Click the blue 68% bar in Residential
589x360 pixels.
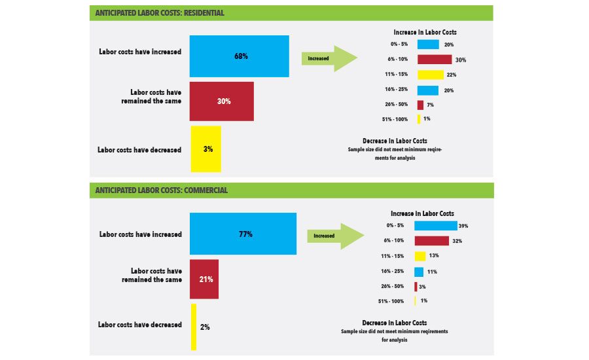click(239, 56)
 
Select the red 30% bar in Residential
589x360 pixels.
click(221, 101)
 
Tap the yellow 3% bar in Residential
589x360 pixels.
click(205, 149)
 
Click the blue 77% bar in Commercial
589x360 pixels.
click(243, 234)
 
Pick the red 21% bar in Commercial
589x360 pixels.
click(204, 279)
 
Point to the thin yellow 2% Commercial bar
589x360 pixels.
click(194, 326)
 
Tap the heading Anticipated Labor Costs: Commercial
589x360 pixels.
click(161, 190)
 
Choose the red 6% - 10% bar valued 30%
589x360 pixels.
click(434, 60)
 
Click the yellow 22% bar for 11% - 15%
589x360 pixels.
click(430, 75)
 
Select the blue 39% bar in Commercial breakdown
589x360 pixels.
click(435, 226)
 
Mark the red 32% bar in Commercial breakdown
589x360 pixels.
click(431, 241)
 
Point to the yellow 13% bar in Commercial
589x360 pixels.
click(419, 256)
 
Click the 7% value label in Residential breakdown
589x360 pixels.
click(431, 105)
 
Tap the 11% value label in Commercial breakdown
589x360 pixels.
click(433, 271)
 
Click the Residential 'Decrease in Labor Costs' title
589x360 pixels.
click(395, 141)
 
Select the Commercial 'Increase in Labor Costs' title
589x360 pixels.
click(422, 213)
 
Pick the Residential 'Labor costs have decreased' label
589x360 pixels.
click(139, 149)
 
